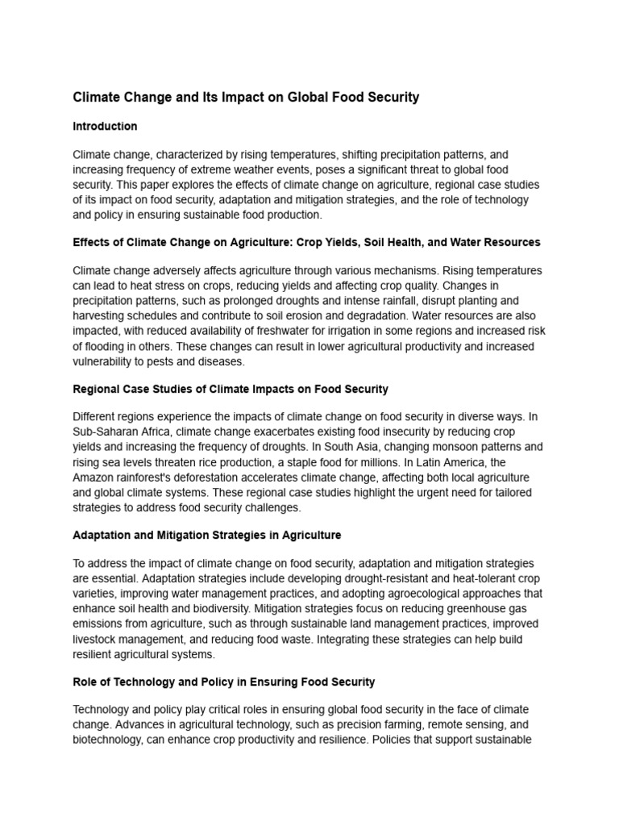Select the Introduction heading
105,127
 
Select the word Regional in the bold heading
97,389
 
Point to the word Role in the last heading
85,682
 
